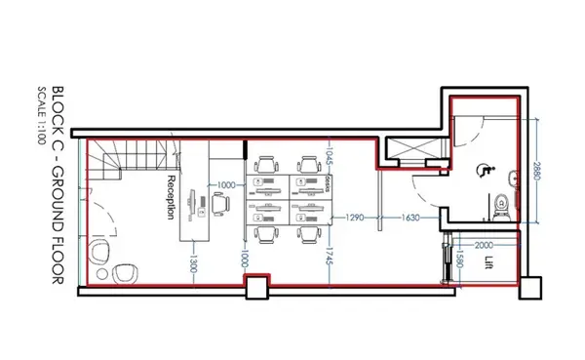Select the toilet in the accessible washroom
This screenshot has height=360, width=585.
click(x=502, y=204)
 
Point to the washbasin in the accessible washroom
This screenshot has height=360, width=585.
click(x=514, y=179)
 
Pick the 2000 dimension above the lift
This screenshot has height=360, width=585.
click(x=483, y=246)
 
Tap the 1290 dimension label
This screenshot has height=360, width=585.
click(x=357, y=218)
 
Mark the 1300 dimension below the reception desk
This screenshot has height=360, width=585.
click(x=195, y=263)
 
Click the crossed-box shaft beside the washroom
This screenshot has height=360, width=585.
click(x=402, y=151)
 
